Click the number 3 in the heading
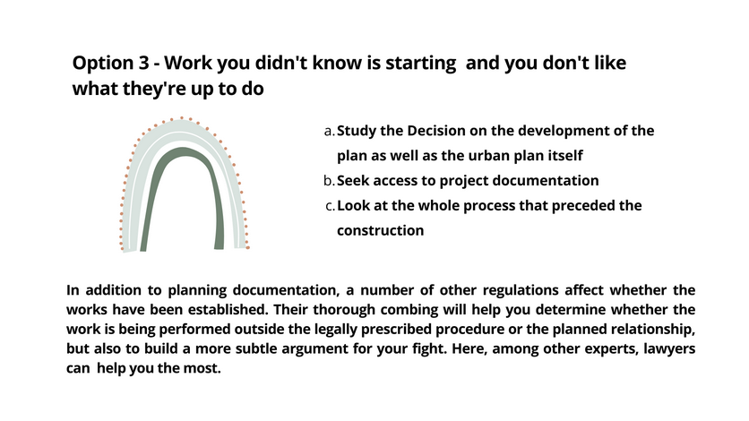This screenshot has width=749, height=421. [x=144, y=63]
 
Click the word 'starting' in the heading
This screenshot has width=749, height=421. [x=421, y=64]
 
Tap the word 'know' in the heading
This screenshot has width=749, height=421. [x=337, y=63]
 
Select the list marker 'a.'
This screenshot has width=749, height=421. [x=330, y=132]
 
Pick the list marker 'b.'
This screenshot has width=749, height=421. [x=329, y=181]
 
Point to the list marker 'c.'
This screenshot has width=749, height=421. [x=330, y=206]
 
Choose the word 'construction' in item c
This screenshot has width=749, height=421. [x=380, y=230]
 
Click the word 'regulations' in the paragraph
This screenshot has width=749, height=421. [x=521, y=290]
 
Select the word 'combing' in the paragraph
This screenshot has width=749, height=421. [x=409, y=310]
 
